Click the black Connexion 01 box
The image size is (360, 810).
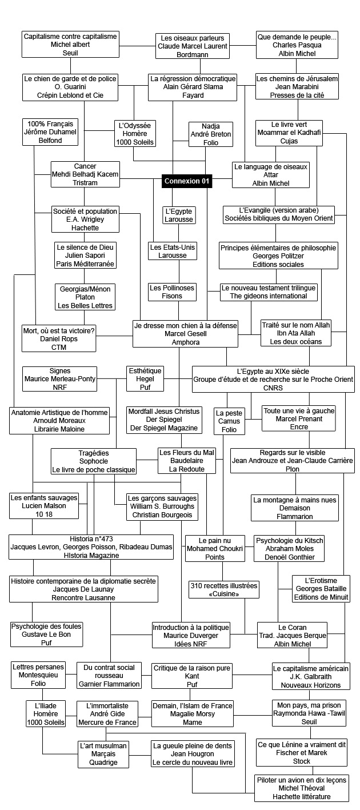[x=187, y=181]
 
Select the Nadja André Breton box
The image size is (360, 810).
[x=211, y=134]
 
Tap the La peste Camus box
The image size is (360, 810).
[x=229, y=421]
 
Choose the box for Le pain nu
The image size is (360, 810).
[x=215, y=549]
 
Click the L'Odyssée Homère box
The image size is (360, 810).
[x=135, y=133]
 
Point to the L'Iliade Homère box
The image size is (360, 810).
[x=46, y=714]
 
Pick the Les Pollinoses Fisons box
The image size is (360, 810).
[x=172, y=292]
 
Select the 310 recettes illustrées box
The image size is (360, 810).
[x=224, y=589]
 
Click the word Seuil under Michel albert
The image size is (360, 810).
[x=70, y=53]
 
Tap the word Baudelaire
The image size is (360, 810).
[x=187, y=461]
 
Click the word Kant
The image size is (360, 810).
[x=192, y=676]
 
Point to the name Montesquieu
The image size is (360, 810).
[x=38, y=675]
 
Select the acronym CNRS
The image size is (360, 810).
[x=273, y=388]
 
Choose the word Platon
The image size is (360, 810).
[x=85, y=297]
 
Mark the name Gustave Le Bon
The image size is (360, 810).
[x=46, y=635]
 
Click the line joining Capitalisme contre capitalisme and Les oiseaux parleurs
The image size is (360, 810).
[x=137, y=46]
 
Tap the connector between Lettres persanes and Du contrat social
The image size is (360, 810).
[x=71, y=675]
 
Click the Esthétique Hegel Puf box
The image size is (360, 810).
[x=145, y=378]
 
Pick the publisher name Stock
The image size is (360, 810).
[x=302, y=761]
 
